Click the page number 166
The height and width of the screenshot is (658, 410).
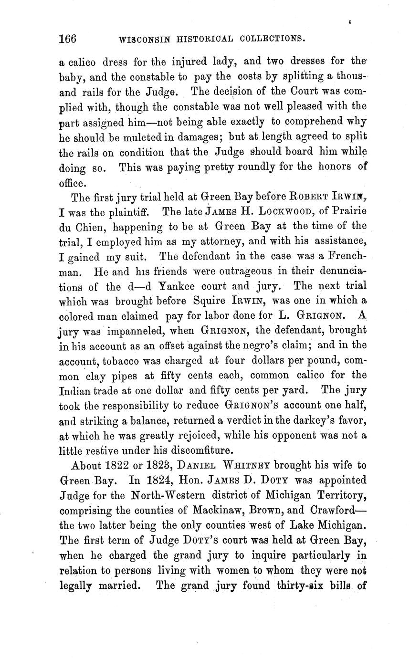pos(67,39)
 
